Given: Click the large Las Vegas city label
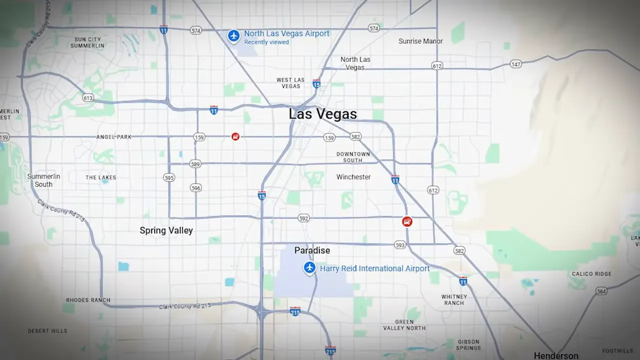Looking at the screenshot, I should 322,114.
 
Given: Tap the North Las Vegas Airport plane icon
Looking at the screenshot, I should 233,36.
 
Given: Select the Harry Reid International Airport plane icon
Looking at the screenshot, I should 309,268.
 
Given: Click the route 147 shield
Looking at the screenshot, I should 515,64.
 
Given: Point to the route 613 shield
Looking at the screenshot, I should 88,98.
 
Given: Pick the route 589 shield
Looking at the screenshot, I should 195,163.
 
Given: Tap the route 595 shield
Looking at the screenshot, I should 169,177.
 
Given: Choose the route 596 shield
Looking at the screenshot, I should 195,188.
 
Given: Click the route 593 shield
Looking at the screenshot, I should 400,245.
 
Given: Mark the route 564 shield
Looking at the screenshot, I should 601,291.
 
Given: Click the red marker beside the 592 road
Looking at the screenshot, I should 407,221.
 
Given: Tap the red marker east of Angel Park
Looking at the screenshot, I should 235,136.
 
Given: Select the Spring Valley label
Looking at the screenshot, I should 166,230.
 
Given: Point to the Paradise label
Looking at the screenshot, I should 312,250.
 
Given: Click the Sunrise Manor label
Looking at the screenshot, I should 420,41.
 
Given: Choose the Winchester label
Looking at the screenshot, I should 353,177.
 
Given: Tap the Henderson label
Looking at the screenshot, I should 556,355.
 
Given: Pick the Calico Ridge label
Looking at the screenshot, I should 591,274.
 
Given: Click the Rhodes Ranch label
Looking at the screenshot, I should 88,300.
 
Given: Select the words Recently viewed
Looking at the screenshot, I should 266,42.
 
